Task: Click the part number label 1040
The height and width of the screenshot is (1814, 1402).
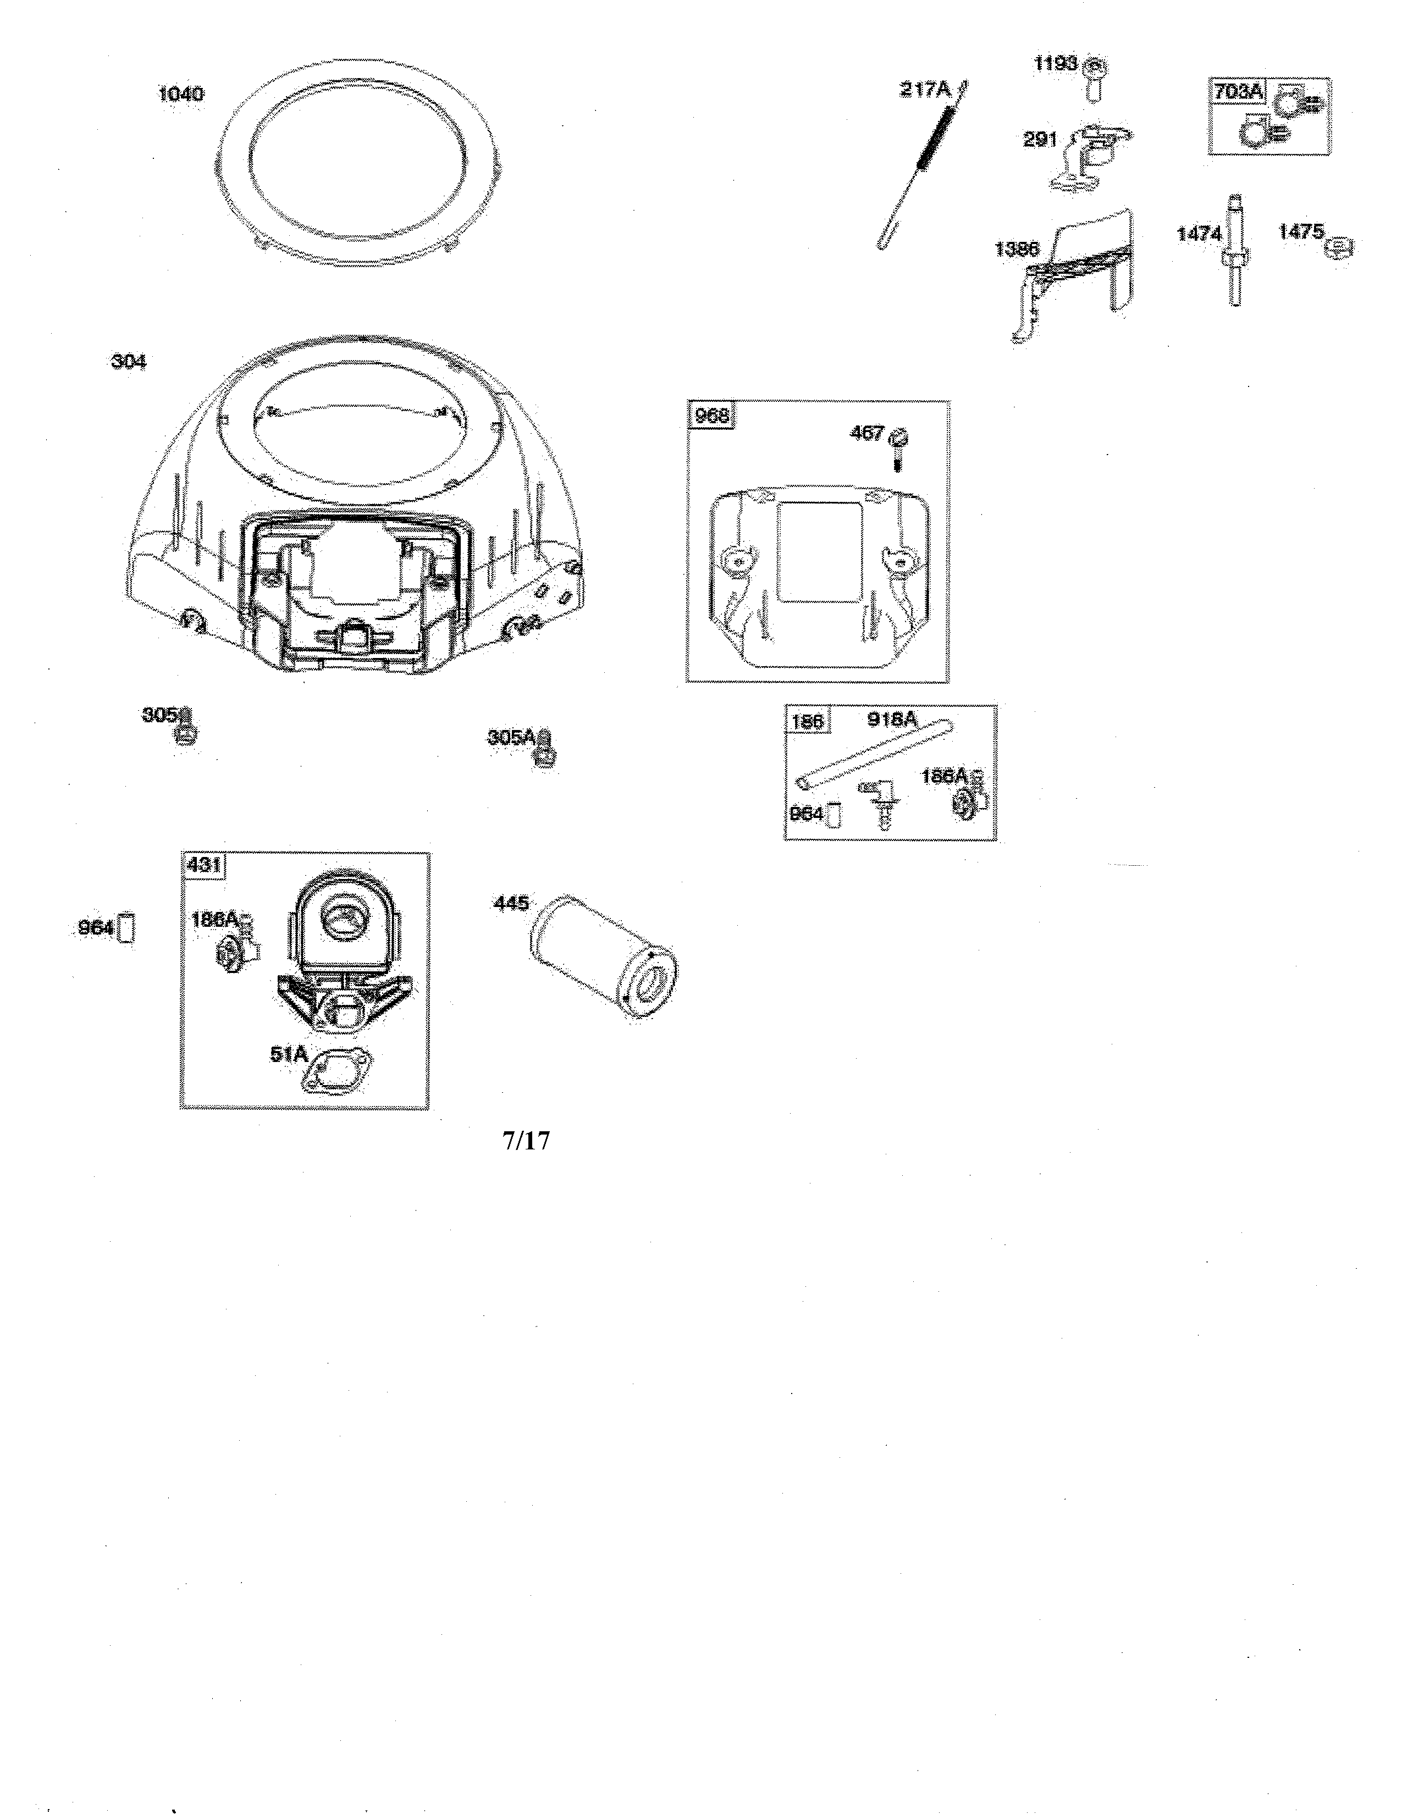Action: [x=180, y=94]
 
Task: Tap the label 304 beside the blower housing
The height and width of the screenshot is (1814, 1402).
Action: [x=129, y=361]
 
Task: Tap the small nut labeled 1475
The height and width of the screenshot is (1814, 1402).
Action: [x=1340, y=247]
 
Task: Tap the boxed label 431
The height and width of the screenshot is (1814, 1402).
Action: [x=203, y=865]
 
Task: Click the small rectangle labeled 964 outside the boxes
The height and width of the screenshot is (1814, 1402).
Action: [x=127, y=928]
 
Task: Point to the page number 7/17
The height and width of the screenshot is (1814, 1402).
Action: [x=526, y=1141]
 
